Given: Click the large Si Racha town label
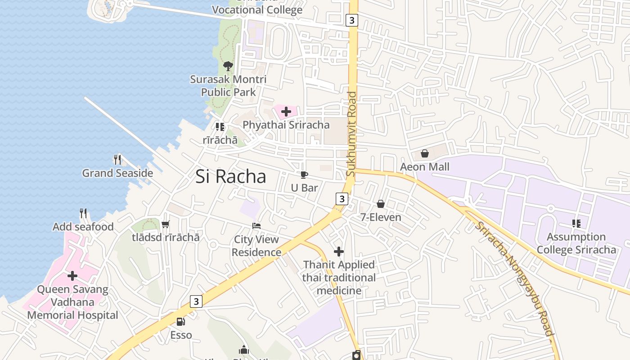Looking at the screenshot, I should [x=231, y=176].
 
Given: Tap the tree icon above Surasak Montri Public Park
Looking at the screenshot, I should [x=228, y=66].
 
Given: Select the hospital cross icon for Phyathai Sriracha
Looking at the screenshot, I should [x=286, y=112].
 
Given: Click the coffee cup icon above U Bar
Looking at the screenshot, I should [x=304, y=175].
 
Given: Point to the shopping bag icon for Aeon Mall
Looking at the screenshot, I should [x=424, y=154].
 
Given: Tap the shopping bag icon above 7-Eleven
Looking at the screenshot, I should [x=381, y=204].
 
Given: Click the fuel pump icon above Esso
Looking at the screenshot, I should [x=180, y=321].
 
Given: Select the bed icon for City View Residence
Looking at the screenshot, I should [x=256, y=226].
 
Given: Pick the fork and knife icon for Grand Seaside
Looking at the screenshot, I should [x=117, y=160].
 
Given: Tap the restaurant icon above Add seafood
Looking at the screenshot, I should [x=83, y=213].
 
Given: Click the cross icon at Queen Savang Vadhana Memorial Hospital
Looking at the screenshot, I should [x=72, y=275].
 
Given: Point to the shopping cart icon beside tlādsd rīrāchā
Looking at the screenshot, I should [x=165, y=224].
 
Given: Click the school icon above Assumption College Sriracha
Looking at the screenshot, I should [x=576, y=223].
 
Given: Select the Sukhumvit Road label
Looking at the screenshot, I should [x=352, y=134].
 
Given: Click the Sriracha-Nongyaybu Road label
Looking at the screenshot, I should [x=513, y=279].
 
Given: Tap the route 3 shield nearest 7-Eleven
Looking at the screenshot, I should [x=342, y=198].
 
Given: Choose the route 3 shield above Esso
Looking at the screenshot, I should [x=196, y=301].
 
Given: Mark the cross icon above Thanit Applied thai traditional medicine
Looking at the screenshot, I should [x=339, y=252].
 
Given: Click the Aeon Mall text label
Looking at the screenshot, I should [x=425, y=167].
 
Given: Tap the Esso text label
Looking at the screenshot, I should [x=181, y=335].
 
